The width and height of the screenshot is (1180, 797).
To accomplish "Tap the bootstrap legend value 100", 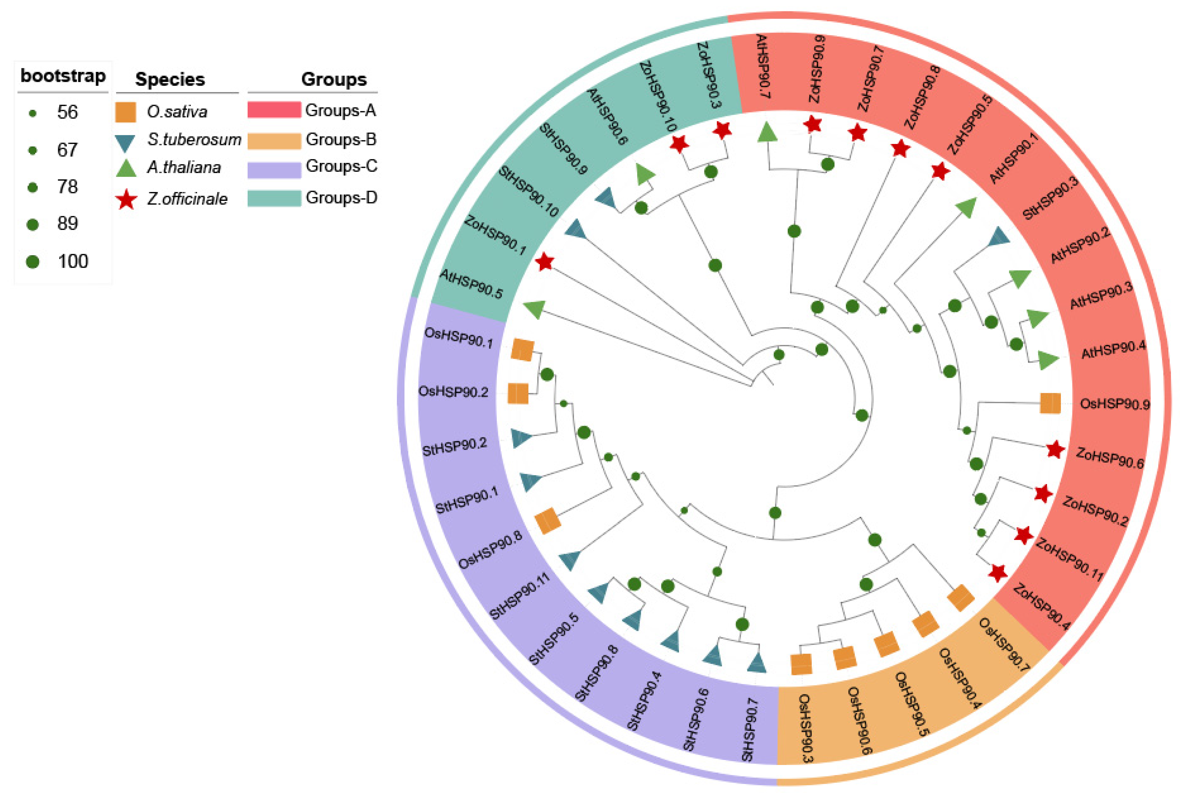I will tap(73, 261).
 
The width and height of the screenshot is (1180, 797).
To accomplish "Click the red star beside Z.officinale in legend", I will tap(126, 200).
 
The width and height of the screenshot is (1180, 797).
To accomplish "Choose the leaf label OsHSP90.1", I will tap(458, 338).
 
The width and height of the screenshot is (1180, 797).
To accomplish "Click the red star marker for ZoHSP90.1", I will tap(545, 262).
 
